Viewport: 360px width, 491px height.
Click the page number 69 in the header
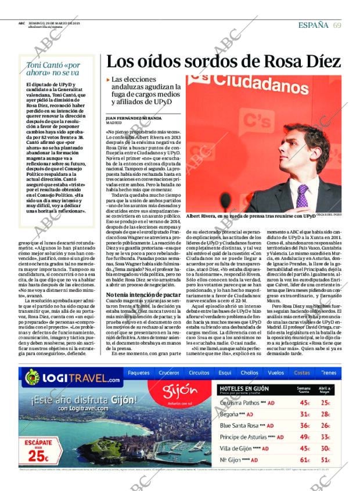tap(337, 24)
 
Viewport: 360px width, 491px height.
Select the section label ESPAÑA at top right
tap(313, 24)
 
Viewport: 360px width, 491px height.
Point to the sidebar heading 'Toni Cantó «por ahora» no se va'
tap(53, 69)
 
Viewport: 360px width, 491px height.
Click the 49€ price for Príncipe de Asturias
tap(304, 437)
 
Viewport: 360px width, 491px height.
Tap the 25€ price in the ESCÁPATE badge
tap(38, 456)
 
